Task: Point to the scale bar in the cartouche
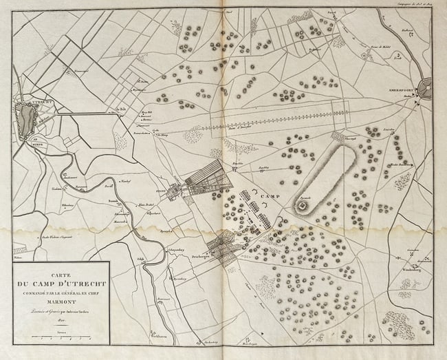[61, 336]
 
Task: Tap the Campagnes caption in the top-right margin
[420, 4]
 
